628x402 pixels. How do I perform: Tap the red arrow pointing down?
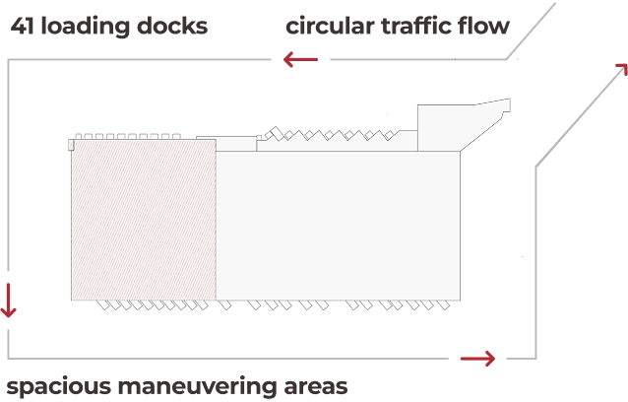9,300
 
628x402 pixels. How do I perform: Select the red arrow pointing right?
478,359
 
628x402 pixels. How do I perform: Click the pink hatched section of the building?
144,219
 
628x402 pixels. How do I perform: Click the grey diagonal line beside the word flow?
532,30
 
